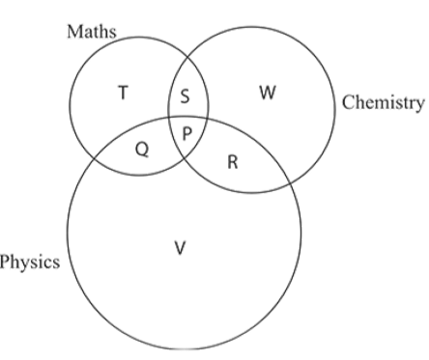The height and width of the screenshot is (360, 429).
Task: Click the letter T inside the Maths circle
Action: [123, 93]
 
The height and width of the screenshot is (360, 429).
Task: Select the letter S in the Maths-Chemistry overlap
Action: [185, 97]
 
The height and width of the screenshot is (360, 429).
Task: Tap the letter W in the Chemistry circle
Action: [268, 93]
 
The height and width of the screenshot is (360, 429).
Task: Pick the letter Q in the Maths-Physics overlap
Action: [142, 150]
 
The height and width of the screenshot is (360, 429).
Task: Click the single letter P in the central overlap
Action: [187, 133]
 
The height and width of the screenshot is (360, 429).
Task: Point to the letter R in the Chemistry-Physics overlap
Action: [233, 162]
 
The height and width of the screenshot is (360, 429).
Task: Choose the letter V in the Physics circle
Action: [180, 248]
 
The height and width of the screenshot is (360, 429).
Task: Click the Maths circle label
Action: [92, 32]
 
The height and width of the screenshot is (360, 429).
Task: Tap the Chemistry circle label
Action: [383, 102]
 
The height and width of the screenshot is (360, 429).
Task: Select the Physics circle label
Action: [30, 262]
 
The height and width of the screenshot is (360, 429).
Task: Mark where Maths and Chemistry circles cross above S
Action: [188, 57]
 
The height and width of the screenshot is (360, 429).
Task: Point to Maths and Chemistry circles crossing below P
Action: [185, 159]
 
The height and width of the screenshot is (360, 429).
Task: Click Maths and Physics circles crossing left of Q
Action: [94, 158]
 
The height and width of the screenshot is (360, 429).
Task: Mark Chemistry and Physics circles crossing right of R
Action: [291, 183]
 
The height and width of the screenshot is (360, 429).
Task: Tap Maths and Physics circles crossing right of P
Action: [207, 119]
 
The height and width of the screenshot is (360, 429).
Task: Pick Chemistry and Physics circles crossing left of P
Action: [169, 118]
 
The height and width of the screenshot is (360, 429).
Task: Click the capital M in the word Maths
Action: [74, 32]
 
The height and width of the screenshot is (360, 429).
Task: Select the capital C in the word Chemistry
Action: [348, 102]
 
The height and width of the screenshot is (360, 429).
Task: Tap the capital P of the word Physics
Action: [4, 261]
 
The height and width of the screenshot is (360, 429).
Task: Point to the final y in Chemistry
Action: [419, 105]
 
